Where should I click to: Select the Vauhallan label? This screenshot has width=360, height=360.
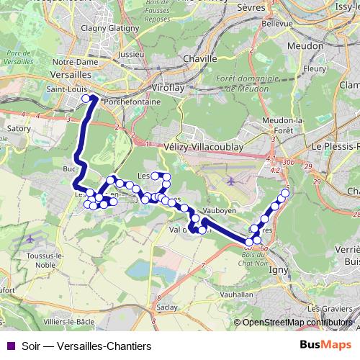tap(214, 294)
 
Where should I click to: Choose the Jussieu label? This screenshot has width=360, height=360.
tap(130, 53)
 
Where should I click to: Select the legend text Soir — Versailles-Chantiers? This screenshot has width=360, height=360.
tap(86, 346)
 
